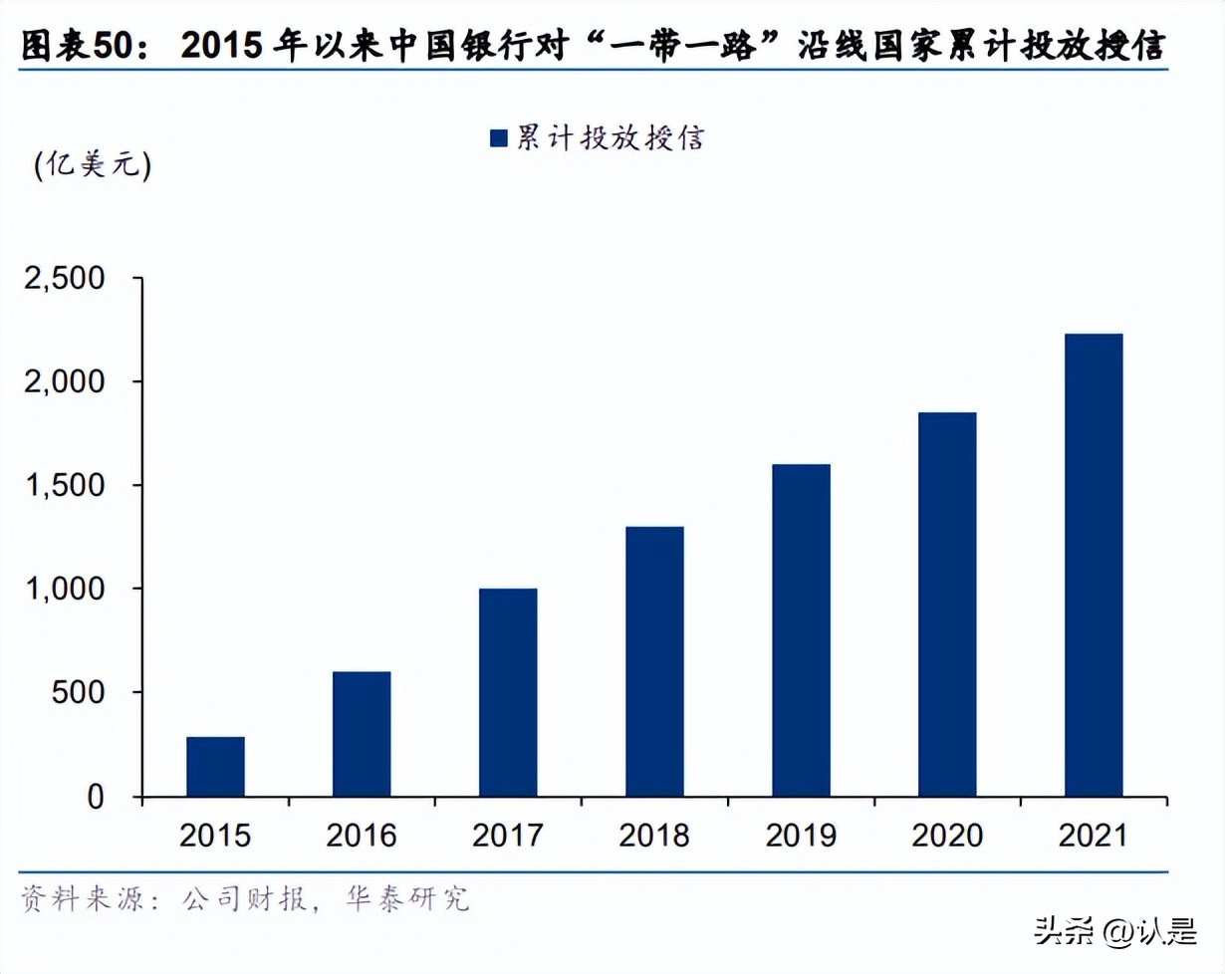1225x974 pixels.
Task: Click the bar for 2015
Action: (215, 767)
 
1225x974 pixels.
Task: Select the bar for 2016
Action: (362, 734)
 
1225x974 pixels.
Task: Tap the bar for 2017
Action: (508, 692)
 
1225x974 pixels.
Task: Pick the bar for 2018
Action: (654, 661)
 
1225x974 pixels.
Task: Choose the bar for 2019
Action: (801, 630)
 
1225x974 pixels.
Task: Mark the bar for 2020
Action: (947, 605)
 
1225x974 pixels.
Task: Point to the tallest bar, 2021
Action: (1094, 565)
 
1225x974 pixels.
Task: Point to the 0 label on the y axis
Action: (96, 797)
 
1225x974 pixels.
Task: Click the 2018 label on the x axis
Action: (654, 836)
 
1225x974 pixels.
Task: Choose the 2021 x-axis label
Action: (1094, 836)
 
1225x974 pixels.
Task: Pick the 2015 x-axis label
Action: (215, 836)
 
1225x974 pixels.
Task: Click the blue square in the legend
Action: (500, 138)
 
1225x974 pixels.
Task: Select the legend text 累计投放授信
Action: (610, 138)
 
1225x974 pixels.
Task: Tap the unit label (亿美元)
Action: (92, 165)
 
